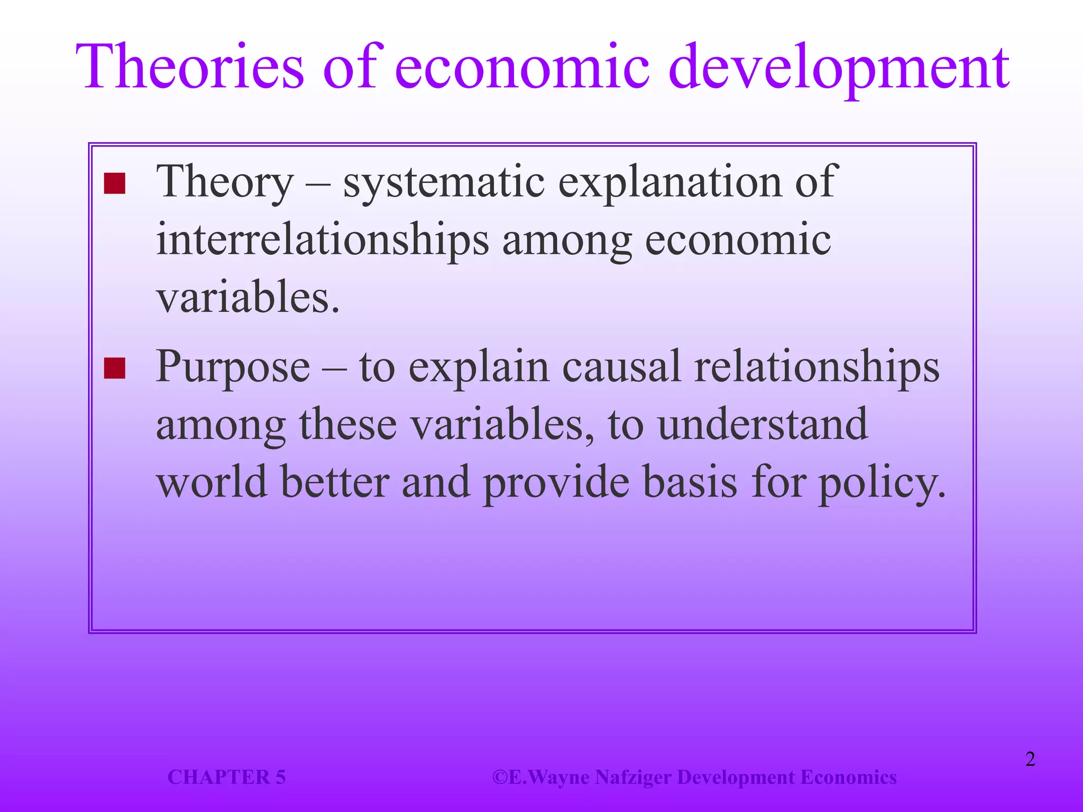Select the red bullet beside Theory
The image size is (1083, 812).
(x=115, y=183)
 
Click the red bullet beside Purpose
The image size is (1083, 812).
(x=115, y=368)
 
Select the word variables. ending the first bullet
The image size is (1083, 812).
(x=247, y=298)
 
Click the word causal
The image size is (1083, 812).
(x=621, y=367)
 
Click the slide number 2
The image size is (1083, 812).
(x=1030, y=759)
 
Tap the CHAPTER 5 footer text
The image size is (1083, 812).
(x=226, y=777)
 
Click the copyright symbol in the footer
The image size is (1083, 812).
(x=500, y=777)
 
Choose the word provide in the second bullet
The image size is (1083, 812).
(x=556, y=484)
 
